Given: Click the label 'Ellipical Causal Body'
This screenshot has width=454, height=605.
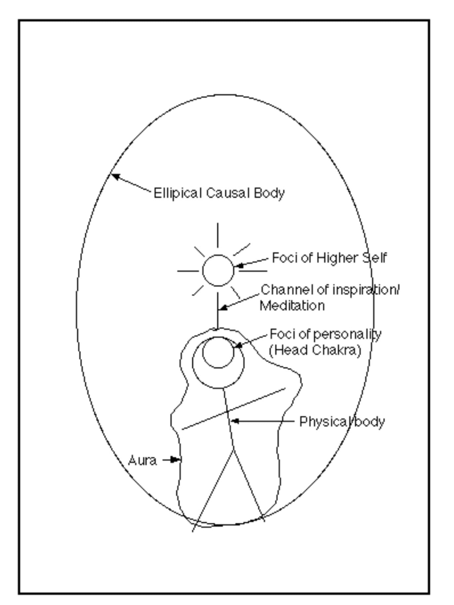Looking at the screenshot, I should click(219, 193).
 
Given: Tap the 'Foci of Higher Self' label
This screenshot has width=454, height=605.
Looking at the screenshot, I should click(329, 258).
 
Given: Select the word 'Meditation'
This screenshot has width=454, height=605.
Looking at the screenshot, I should click(292, 305).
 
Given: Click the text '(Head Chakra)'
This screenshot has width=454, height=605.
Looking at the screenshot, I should click(315, 350).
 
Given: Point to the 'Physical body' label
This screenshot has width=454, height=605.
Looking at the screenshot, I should click(342, 422).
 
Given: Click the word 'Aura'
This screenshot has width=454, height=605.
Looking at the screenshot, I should click(142, 460).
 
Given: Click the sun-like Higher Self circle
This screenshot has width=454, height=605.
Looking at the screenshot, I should click(218, 270).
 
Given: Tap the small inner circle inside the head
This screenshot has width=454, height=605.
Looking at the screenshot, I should click(218, 352).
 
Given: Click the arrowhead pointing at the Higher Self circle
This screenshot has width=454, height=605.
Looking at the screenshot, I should click(239, 265).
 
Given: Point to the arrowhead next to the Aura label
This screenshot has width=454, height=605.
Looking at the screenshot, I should click(175, 460).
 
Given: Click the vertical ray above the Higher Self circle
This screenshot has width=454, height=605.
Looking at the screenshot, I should click(217, 235).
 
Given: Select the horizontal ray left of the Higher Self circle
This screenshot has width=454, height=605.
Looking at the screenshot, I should click(188, 271).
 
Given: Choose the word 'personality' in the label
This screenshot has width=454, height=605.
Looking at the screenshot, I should click(347, 334).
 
